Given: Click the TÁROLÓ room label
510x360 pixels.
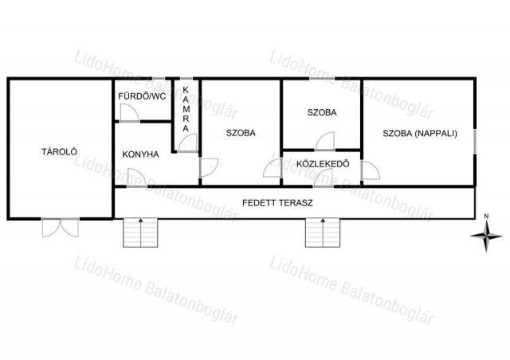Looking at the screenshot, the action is tap(59, 151).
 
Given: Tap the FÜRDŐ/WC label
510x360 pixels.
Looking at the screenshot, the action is tap(142, 96).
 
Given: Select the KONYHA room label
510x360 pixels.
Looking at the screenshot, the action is tap(140, 155).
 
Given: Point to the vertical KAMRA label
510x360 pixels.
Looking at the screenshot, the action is tap(186, 109).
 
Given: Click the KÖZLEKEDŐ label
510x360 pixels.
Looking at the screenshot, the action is tap(323, 163).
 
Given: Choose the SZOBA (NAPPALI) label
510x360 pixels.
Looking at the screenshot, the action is tap(420, 133).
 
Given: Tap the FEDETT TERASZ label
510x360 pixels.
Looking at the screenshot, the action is tap(277, 203).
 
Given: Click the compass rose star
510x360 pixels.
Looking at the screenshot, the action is tap(486, 236).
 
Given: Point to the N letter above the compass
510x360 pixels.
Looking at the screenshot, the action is tap(486, 216).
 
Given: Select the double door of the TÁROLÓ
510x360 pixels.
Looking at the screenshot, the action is tap(61, 227).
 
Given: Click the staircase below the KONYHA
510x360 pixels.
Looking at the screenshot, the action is tap(140, 233).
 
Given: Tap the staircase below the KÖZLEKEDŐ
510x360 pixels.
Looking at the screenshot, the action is tap(323, 233).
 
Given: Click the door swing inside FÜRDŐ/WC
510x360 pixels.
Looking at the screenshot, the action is tap(129, 112).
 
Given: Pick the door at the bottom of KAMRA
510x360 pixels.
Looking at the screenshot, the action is tap(187, 143).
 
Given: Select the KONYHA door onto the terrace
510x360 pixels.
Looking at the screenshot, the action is tap(136, 178).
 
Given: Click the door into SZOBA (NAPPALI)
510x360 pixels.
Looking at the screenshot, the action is tap(371, 170).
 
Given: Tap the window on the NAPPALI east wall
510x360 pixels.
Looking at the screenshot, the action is tap(475, 141).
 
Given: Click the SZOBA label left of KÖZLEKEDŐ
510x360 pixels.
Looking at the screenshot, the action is tap(241, 133).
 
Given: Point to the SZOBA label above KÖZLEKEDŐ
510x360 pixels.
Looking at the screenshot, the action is tap(322, 112).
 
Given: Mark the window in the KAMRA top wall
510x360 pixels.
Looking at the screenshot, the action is tap(186, 79).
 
